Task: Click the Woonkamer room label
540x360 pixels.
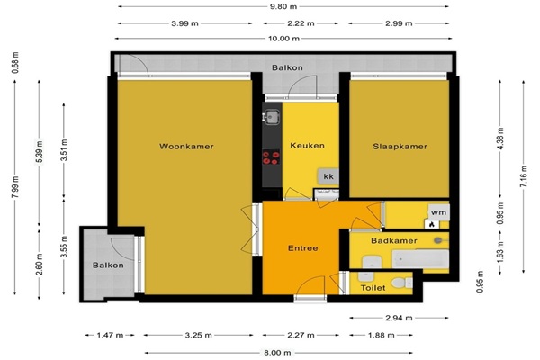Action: point(186,147)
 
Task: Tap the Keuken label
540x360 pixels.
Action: point(307,146)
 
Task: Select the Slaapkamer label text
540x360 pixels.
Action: point(400,147)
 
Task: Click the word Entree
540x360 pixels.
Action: point(302,248)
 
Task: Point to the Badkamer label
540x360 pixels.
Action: point(394,240)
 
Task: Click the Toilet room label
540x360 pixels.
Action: point(373,288)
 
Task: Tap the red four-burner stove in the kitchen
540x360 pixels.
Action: point(271,157)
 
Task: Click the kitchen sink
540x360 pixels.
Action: point(271,117)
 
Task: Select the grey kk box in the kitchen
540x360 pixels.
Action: point(328,176)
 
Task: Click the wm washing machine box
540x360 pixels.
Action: point(439,212)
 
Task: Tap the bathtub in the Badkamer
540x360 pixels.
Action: point(420,259)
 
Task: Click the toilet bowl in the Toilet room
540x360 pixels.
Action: point(401,283)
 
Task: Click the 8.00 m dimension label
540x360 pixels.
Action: point(277,353)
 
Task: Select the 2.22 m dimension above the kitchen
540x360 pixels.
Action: point(301,23)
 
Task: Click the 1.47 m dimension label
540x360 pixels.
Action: point(110,335)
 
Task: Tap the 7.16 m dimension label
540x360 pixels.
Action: point(524,176)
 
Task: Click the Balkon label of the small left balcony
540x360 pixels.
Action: point(108,265)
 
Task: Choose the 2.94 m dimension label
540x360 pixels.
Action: point(399,318)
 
